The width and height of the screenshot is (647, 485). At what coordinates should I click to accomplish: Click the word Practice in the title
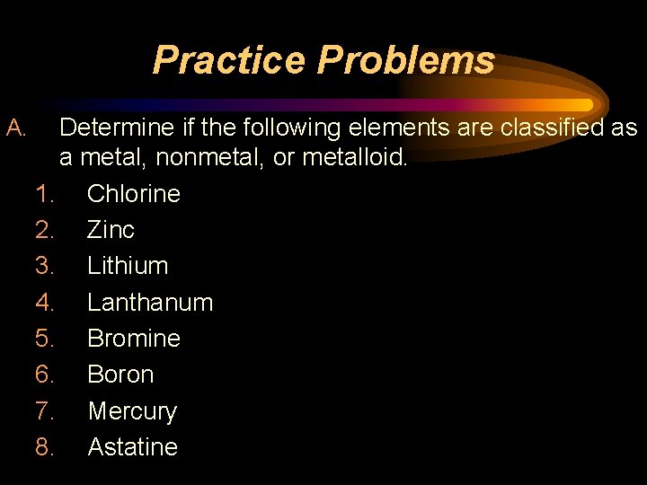tap(230, 60)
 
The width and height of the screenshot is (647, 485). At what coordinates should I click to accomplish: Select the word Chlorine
tap(134, 194)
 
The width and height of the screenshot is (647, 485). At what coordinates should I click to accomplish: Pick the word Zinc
tap(111, 230)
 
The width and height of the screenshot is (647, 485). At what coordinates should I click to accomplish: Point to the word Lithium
tap(128, 266)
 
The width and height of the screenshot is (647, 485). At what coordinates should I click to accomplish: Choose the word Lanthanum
tap(150, 303)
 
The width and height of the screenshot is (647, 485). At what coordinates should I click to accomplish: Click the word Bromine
tap(134, 339)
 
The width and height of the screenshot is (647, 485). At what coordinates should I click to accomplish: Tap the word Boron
tap(120, 375)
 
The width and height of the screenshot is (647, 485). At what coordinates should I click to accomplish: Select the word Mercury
tap(132, 411)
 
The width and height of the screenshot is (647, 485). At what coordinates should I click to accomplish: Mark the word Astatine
tap(133, 447)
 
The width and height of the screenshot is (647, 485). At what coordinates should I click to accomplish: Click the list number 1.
tap(45, 194)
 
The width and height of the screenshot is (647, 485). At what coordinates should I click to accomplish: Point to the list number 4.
tap(45, 303)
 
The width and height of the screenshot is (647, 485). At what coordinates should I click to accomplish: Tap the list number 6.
tap(45, 375)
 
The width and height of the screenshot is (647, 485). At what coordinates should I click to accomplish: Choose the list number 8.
tap(45, 447)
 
